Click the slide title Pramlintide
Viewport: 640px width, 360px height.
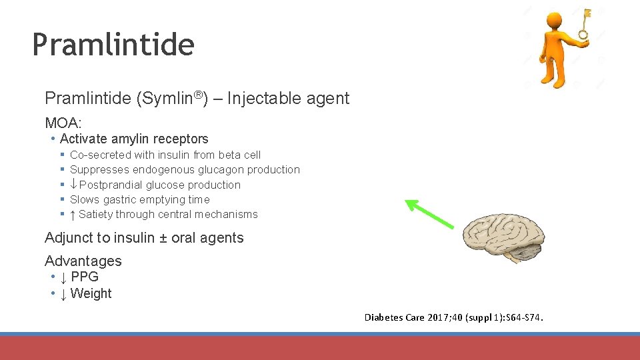pos(113,45)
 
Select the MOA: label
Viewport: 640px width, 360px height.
pos(63,123)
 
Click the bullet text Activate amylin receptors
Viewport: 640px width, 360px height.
pos(134,139)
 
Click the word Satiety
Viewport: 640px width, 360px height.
pos(95,214)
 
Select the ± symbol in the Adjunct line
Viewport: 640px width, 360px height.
pos(163,238)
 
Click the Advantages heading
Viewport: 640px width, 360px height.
pos(83,261)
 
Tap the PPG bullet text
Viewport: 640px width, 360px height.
pos(84,277)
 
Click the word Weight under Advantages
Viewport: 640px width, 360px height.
pos(91,293)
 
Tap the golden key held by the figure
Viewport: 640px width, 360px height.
pos(585,24)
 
